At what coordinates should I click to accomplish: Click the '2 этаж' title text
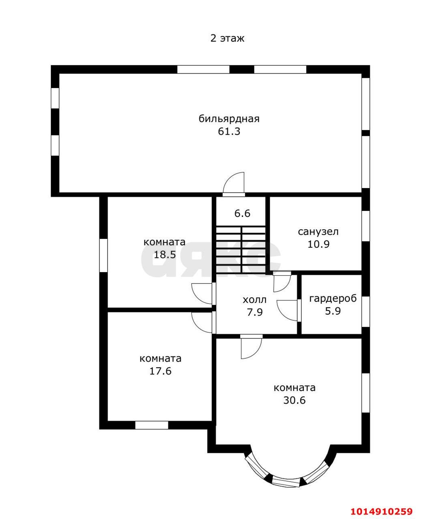click(227, 39)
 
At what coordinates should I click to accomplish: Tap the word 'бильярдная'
click(229, 119)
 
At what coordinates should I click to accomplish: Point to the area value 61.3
click(229, 131)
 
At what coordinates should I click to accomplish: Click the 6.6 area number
click(242, 213)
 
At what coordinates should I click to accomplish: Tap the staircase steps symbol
click(241, 250)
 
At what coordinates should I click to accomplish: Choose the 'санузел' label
click(318, 232)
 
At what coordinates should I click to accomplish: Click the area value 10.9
click(319, 244)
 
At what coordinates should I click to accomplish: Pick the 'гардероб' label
click(333, 299)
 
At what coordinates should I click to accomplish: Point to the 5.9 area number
click(333, 311)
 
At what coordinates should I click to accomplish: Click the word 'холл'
click(254, 300)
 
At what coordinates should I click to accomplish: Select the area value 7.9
click(255, 312)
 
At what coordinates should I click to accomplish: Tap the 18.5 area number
click(165, 255)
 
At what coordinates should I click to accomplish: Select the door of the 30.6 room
click(251, 347)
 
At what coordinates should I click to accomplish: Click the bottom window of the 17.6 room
click(152, 425)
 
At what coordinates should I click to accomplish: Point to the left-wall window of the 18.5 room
click(103, 255)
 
